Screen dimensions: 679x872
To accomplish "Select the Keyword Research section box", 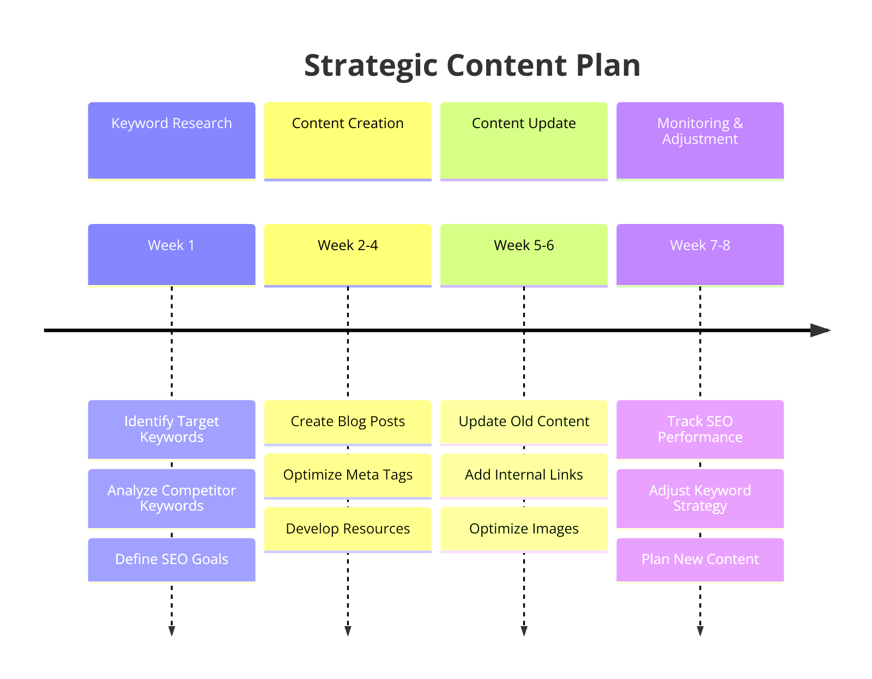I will pyautogui.click(x=172, y=141).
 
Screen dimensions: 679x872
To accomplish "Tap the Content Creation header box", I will pyautogui.click(x=348, y=141).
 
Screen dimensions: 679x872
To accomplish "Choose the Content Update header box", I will pyautogui.click(x=524, y=141).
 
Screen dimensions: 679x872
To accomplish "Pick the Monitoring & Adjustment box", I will pyautogui.click(x=700, y=141).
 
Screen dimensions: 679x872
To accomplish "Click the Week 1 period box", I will pyautogui.click(x=172, y=254).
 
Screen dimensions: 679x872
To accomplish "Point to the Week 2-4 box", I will pyautogui.click(x=348, y=254).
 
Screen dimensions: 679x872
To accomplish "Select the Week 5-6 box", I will pyautogui.click(x=524, y=254).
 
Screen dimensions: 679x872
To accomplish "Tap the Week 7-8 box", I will pyautogui.click(x=700, y=254).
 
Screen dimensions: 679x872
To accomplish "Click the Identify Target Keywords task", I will pyautogui.click(x=172, y=429).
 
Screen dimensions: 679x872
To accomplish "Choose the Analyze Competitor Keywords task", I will pyautogui.click(x=172, y=498).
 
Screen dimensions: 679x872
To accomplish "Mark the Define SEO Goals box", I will pyautogui.click(x=172, y=560).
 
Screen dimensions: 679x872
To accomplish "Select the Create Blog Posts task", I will pyautogui.click(x=348, y=422).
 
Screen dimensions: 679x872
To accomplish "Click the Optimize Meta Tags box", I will pyautogui.click(x=348, y=476).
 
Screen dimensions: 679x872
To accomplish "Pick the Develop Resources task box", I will pyautogui.click(x=348, y=529).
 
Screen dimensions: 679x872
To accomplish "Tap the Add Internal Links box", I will pyautogui.click(x=524, y=476).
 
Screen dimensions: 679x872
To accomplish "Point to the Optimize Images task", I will pyautogui.click(x=524, y=529).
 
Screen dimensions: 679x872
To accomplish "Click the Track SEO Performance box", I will pyautogui.click(x=700, y=429).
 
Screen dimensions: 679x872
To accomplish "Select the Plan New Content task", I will pyautogui.click(x=700, y=560).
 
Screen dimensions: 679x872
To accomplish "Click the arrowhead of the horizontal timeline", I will pyautogui.click(x=820, y=330).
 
